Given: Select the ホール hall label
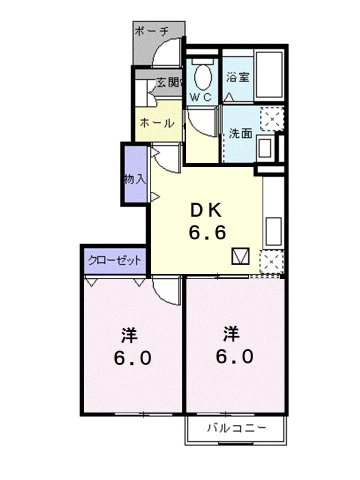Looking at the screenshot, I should click(156, 123).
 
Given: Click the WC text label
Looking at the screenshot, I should click(202, 98).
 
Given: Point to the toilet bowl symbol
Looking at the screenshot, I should click(203, 76).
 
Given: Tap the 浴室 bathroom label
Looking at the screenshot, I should click(237, 77).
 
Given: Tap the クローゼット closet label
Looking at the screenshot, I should click(114, 260).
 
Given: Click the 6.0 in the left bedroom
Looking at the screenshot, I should click(131, 359).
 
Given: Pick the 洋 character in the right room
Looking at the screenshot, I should click(231, 332).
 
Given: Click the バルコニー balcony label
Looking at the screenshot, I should click(236, 428).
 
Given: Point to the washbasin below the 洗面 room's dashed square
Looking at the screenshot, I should click(265, 148).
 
